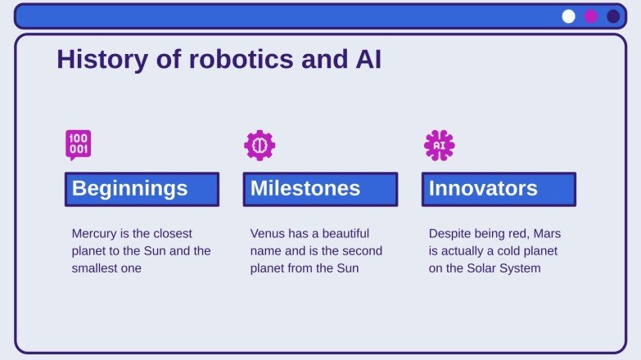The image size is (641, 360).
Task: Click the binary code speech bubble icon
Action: click(79, 145)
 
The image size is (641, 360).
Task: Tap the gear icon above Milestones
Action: click(260, 145)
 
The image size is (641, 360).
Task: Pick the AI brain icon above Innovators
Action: click(439, 145)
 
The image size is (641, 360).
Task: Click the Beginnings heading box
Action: click(142, 189)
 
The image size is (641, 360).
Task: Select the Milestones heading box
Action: click(320, 189)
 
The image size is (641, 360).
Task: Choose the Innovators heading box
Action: click(499, 189)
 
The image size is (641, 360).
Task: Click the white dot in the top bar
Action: click(569, 16)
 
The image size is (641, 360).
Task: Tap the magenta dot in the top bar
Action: click(591, 16)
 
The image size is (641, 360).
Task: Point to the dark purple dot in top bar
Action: click(613, 16)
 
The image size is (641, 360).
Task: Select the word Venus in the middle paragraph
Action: click(268, 233)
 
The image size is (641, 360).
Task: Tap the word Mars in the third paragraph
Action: click(546, 233)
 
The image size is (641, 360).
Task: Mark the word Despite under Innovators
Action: click(451, 233)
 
